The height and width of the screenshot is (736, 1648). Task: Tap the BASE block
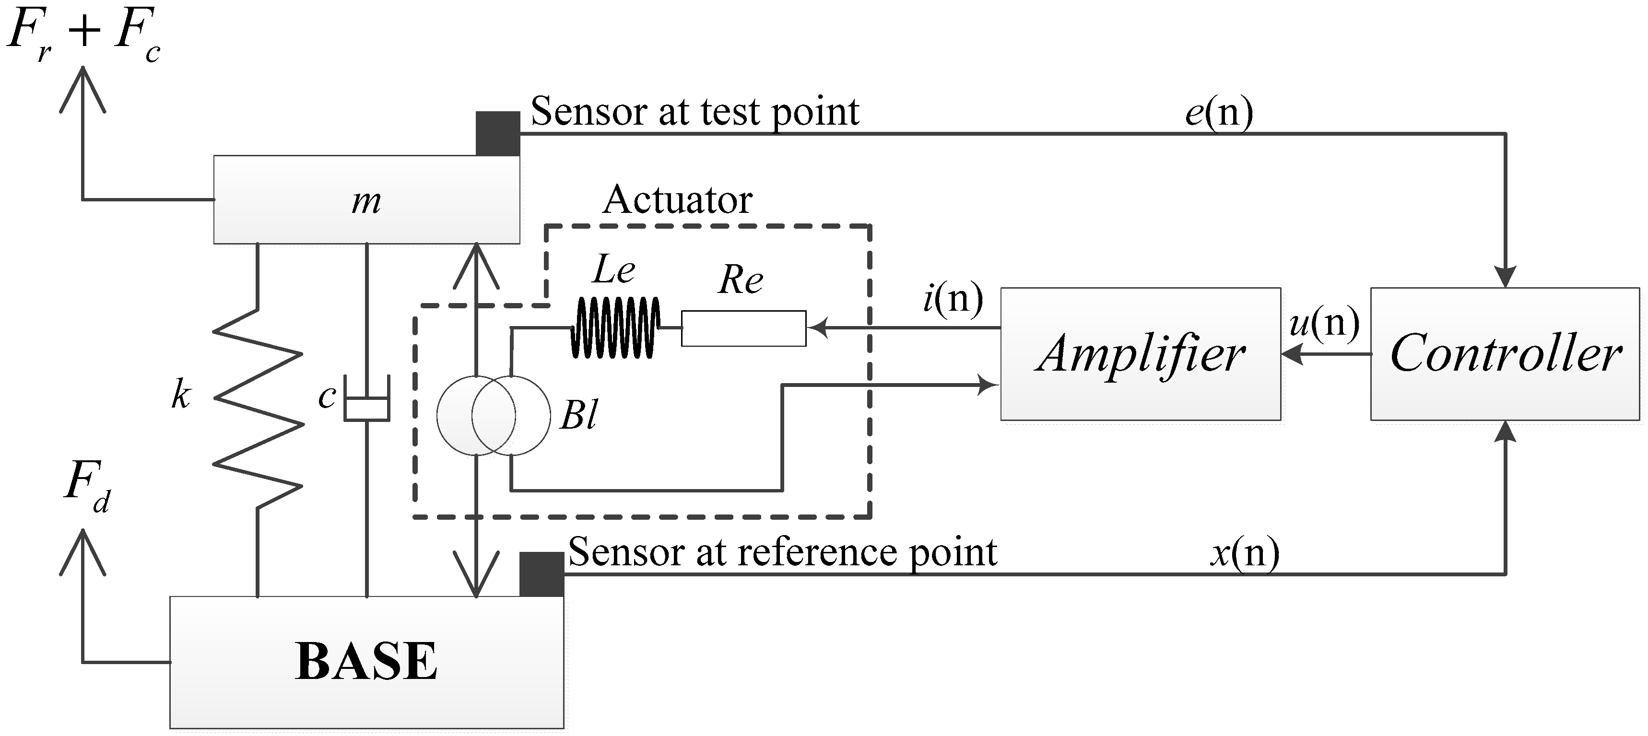click(366, 662)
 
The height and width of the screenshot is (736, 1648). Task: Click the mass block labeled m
click(366, 199)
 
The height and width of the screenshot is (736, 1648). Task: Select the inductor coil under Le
click(615, 327)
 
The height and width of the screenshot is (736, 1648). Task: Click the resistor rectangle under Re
click(743, 328)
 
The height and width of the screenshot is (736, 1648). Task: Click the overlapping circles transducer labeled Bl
click(493, 416)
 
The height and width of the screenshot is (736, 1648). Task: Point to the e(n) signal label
click(1219, 113)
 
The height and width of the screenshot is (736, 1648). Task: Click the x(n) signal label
click(1244, 552)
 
